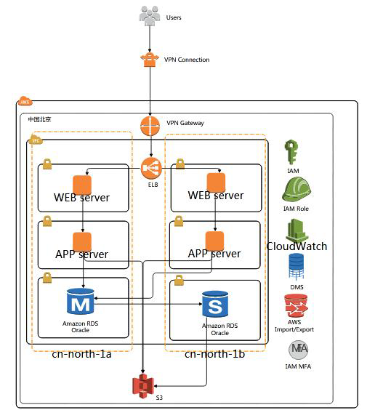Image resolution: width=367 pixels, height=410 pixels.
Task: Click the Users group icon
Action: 150,16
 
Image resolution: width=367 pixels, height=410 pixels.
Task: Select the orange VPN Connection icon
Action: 150,60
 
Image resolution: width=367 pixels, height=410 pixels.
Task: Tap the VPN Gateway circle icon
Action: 150,126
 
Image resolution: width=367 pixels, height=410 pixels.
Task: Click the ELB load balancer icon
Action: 151,168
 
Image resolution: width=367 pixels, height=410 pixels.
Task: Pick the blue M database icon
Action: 80,301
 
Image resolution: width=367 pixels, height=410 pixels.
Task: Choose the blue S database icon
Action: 215,304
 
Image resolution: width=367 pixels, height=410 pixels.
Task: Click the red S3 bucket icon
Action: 143,387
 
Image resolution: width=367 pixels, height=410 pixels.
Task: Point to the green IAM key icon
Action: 291,152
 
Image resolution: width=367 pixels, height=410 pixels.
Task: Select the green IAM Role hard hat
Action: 297,189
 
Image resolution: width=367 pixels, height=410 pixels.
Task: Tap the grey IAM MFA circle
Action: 298,350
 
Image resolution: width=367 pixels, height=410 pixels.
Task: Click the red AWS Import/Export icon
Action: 296,306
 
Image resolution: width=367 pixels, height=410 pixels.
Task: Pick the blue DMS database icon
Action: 297,267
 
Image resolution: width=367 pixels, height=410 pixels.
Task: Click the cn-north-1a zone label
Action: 81,354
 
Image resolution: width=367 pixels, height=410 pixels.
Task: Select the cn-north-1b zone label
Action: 214,354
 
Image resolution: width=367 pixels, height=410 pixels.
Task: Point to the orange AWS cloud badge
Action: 25,101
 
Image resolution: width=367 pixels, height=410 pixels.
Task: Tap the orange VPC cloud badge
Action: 36,140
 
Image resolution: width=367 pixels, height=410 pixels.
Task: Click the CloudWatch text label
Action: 297,246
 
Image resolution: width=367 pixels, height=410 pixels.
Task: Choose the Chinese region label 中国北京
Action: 39,119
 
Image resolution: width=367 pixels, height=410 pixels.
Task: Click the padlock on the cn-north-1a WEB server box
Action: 47,164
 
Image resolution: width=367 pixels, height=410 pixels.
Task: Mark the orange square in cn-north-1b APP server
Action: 214,241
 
